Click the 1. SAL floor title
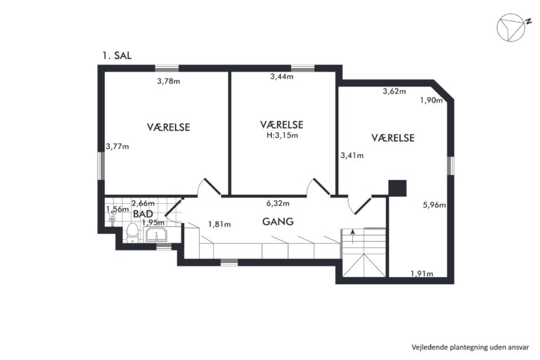117,56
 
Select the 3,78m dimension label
169,82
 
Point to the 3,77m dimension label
117,146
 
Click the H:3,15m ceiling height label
283,136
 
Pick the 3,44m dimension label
282,77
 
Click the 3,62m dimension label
394,91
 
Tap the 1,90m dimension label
431,101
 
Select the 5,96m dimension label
435,205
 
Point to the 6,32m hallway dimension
278,203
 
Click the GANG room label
278,221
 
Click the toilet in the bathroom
132,233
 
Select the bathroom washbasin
157,235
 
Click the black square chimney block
397,188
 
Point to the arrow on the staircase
353,237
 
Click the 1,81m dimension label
219,224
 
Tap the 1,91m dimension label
422,274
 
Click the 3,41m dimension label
352,155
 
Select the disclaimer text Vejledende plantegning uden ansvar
470,347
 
